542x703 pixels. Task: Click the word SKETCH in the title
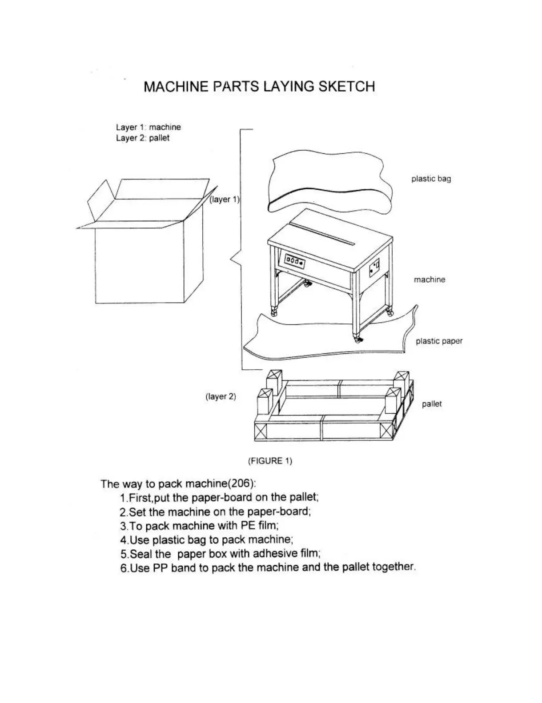[x=347, y=86]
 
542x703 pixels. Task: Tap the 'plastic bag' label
[x=431, y=179]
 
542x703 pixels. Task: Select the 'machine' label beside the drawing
[x=429, y=280]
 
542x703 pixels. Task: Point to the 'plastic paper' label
[x=439, y=341]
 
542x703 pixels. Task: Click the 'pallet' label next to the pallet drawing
[x=431, y=404]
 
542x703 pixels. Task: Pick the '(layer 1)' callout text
[x=225, y=200]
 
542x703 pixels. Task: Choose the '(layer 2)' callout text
[x=221, y=396]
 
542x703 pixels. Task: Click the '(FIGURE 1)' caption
[x=270, y=461]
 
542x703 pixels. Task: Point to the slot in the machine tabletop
[x=325, y=233]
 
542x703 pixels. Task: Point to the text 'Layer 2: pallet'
[x=143, y=138]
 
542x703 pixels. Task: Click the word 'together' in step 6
[x=393, y=567]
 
